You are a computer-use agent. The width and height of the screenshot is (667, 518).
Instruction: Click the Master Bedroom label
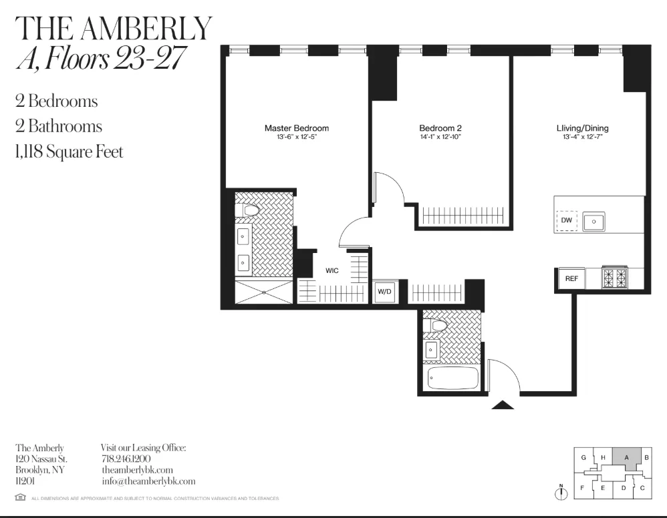296,128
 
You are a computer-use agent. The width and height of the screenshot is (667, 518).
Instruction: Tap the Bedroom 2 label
440,128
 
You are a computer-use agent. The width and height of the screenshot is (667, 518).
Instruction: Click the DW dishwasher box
566,220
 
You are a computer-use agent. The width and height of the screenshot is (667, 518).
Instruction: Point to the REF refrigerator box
571,279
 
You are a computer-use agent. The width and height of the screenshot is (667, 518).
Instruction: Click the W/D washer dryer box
384,292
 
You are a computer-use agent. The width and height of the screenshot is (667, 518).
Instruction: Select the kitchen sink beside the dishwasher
593,221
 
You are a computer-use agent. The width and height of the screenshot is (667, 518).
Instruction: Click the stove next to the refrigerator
615,277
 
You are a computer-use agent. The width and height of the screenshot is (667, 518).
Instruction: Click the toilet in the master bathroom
249,211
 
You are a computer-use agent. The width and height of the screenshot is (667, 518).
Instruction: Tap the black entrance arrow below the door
503,404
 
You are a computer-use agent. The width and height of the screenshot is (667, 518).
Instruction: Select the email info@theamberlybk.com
148,481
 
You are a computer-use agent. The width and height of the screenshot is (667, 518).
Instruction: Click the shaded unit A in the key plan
627,457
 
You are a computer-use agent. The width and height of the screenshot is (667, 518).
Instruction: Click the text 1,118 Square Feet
70,152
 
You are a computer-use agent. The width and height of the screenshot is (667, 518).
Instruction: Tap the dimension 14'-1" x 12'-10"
440,137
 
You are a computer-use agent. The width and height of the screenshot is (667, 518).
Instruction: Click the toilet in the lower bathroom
438,326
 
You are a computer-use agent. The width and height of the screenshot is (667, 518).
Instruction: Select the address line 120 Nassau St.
41,459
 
